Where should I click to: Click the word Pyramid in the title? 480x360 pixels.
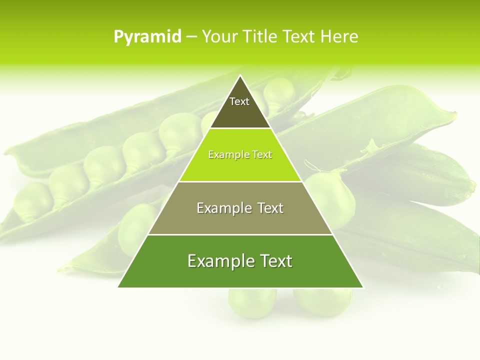tap(147, 37)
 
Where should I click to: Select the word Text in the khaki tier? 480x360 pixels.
tap(267, 208)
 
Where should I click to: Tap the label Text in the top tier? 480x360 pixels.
tap(239, 101)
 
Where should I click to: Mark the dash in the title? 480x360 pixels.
tap(191, 37)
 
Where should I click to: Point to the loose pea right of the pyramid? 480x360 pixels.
tap(330, 195)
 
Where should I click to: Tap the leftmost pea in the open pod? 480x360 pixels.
tap(32, 202)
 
